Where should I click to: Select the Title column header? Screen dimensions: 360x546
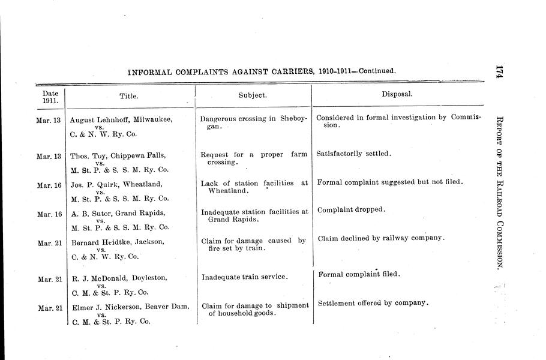point(129,95)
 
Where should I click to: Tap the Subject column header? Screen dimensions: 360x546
point(253,95)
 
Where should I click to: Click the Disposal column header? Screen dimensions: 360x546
point(397,94)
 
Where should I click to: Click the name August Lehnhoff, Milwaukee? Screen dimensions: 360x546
point(121,119)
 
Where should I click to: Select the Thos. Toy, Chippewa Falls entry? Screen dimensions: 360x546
point(120,155)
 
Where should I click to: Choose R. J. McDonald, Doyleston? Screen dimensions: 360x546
point(118,278)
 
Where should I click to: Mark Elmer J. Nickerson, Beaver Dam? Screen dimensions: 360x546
point(130,307)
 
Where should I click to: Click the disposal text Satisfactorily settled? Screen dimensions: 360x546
point(353,154)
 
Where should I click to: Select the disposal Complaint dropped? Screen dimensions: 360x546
point(350,210)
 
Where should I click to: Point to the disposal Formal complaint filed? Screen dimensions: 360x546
point(358,275)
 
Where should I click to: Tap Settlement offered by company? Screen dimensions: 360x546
point(373,302)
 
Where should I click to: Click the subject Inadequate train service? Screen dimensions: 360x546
point(244,277)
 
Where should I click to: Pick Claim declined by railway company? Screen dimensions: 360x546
point(381,238)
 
